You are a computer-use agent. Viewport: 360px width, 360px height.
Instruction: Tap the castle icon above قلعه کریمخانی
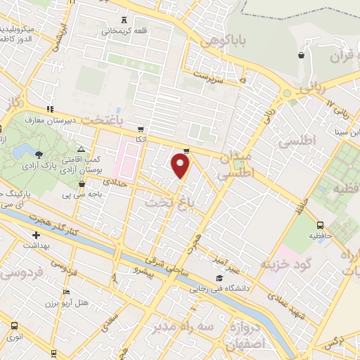(x=124, y=20)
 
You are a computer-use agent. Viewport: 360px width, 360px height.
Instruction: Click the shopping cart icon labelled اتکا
(x=142, y=129)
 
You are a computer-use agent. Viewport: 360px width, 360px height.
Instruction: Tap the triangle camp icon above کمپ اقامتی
(x=82, y=149)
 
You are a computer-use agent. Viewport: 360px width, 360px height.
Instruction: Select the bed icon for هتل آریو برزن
(x=67, y=292)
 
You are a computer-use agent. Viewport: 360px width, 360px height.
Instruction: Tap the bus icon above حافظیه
(x=321, y=225)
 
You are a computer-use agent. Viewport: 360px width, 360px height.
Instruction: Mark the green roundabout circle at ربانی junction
(x=286, y=94)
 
